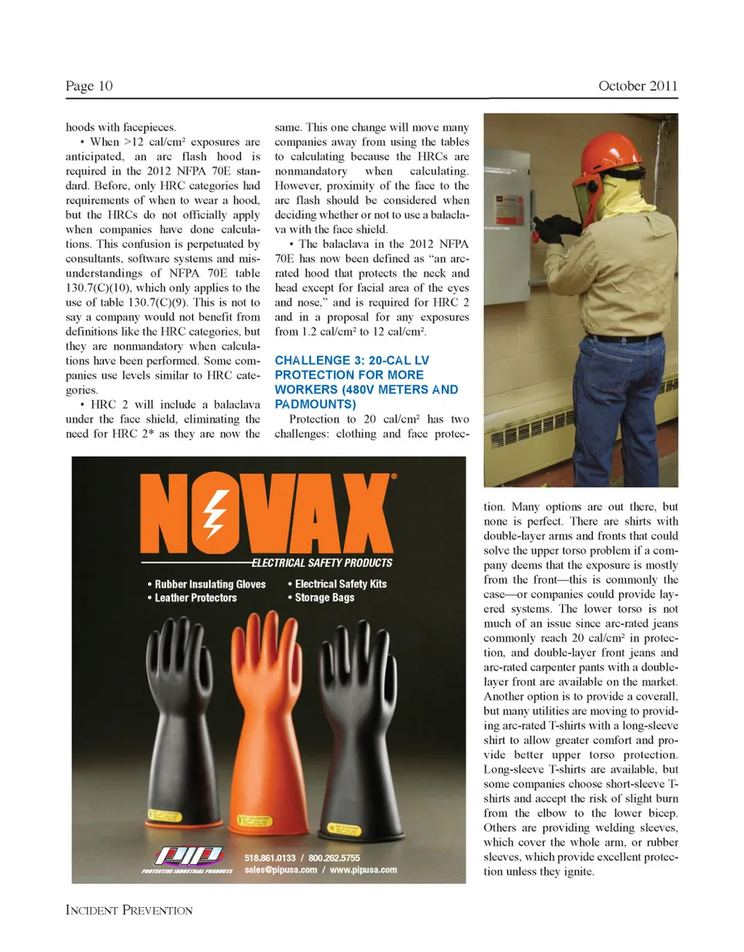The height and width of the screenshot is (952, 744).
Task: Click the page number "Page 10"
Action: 89,86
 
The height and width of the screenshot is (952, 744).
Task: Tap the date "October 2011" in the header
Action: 638,86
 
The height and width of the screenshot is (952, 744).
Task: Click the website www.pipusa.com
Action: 361,870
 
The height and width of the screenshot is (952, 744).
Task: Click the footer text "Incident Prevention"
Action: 129,910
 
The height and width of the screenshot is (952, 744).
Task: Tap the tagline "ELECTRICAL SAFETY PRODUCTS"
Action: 321,563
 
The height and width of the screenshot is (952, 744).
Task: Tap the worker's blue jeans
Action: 620,411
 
